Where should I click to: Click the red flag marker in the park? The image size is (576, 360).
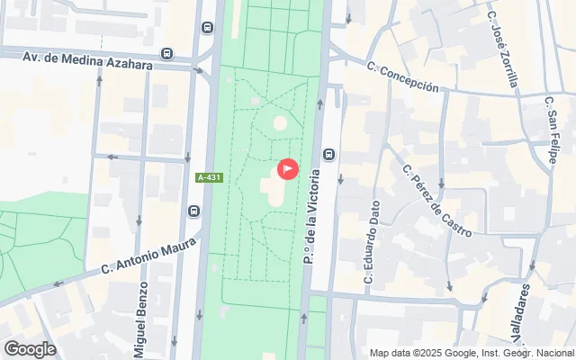(x=287, y=168)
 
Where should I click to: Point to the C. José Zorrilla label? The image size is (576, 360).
(x=503, y=49)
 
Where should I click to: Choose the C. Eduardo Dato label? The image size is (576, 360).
(x=371, y=241)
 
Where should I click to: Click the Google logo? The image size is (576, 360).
(x=30, y=348)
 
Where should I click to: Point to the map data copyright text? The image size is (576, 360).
(x=471, y=353)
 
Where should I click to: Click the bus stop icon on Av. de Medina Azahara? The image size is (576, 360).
(x=167, y=55)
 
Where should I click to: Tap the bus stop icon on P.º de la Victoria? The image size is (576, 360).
(x=329, y=154)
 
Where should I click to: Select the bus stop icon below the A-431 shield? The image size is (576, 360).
(x=193, y=211)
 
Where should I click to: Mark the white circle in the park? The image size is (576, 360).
(x=280, y=122)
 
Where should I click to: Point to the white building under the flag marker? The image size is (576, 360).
(x=274, y=189)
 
